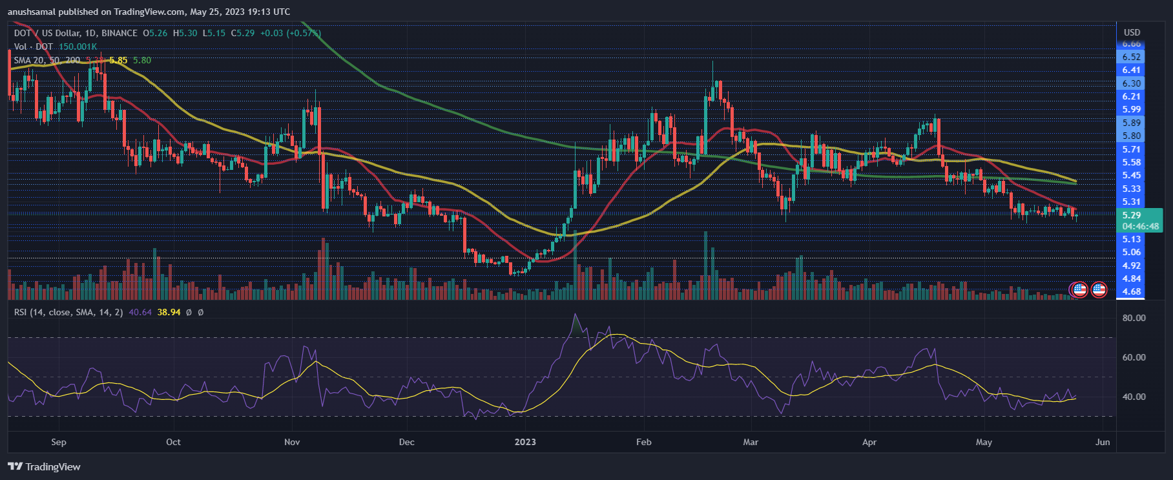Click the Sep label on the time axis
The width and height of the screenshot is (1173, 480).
coord(58,442)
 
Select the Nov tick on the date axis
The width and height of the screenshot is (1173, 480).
coord(292,442)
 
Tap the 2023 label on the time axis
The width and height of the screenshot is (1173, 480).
coord(525,442)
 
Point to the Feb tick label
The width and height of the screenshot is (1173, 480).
coord(643,442)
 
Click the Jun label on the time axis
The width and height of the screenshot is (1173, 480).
coord(1103,442)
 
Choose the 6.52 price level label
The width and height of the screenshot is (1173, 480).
coord(1131,57)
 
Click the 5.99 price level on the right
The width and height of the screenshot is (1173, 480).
coord(1131,109)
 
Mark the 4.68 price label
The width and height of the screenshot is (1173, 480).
coord(1131,291)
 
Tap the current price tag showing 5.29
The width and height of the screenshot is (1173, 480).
coord(1131,215)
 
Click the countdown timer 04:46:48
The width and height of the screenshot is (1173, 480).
coord(1140,226)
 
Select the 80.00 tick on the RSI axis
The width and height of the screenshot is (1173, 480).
coord(1134,318)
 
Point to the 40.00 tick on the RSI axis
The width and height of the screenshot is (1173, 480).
coord(1134,397)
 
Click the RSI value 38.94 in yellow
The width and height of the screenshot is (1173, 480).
coord(169,312)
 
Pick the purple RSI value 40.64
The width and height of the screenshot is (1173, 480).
coord(140,312)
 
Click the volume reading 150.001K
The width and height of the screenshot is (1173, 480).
coord(78,47)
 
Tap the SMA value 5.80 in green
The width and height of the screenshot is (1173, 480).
coord(141,60)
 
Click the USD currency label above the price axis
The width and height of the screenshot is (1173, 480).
coord(1132,32)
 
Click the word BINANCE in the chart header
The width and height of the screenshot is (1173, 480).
coord(119,33)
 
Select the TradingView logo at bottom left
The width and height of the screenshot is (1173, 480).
coord(44,466)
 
